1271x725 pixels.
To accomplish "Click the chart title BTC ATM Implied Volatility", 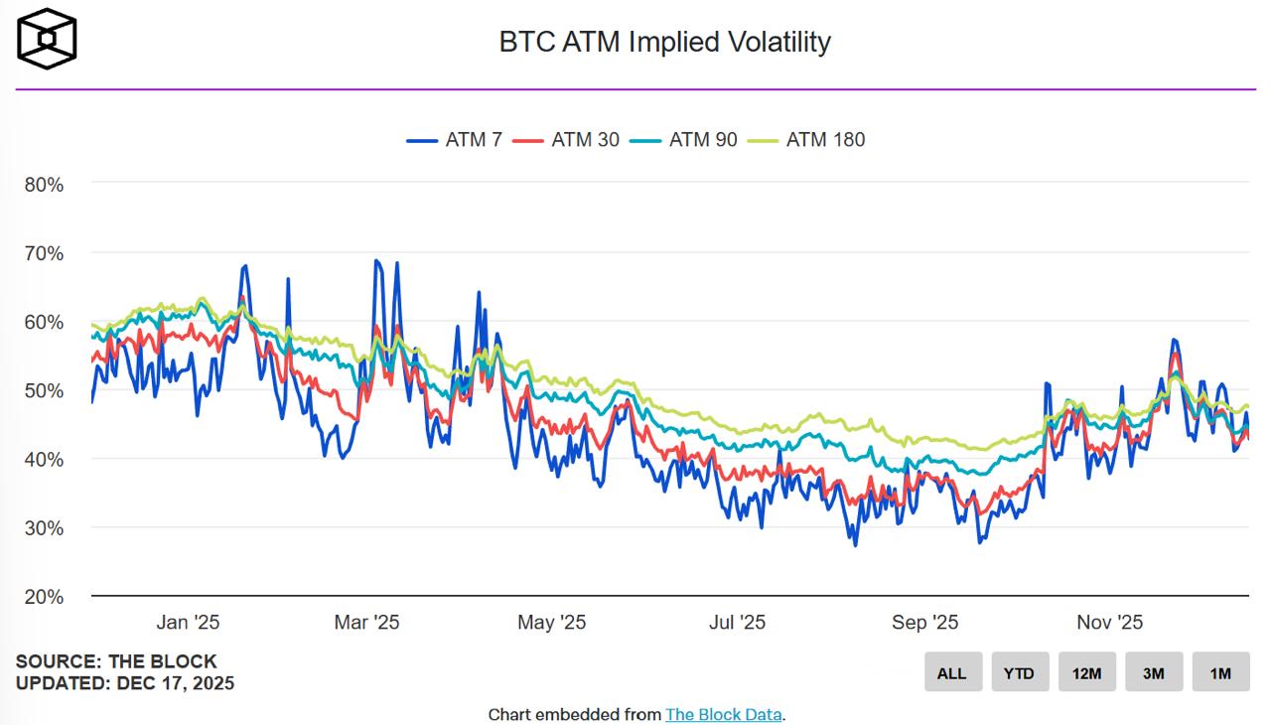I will tap(664, 42).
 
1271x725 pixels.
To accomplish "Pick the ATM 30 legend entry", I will tap(566, 140).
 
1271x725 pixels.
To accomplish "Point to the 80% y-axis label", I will tap(44, 185).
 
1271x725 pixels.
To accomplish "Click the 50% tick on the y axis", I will tap(44, 390).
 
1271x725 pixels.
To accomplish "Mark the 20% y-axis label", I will tap(44, 597).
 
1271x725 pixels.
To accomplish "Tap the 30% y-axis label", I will tap(44, 528).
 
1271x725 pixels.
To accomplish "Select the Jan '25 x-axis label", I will tap(188, 623).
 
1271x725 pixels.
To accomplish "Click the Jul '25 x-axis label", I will tap(737, 623).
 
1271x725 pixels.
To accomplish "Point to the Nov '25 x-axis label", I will tap(1110, 623).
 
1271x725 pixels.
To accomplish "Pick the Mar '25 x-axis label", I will tap(366, 623).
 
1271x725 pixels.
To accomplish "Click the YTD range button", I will tap(1019, 672).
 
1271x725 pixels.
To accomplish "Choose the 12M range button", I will tap(1086, 672).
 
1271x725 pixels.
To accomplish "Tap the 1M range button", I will tap(1220, 672).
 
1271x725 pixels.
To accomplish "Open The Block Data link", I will tap(724, 714).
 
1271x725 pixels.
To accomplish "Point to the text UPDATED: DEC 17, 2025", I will tap(125, 683).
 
